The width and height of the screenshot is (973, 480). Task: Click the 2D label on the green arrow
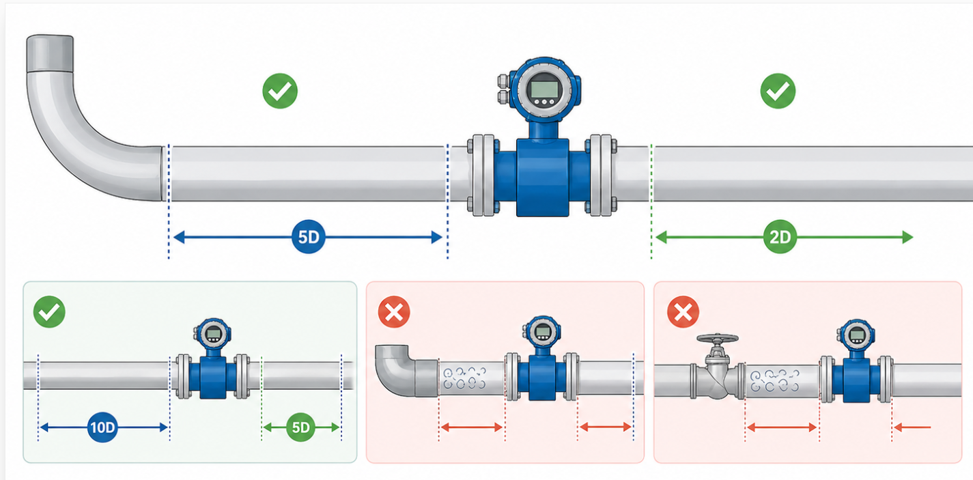pyautogui.click(x=780, y=238)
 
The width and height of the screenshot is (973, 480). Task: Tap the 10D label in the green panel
pyautogui.click(x=102, y=428)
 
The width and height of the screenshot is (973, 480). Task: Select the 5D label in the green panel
pyautogui.click(x=301, y=428)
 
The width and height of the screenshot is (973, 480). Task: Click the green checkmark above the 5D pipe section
pyautogui.click(x=280, y=91)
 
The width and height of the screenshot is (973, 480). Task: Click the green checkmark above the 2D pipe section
pyautogui.click(x=778, y=91)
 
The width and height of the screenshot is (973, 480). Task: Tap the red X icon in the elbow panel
pyautogui.click(x=394, y=313)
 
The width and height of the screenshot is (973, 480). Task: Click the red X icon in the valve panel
pyautogui.click(x=682, y=313)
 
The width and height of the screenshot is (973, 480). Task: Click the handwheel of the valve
pyautogui.click(x=718, y=338)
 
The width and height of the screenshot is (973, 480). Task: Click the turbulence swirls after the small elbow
pyautogui.click(x=465, y=380)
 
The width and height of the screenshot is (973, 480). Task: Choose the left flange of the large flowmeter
pyautogui.click(x=481, y=175)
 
